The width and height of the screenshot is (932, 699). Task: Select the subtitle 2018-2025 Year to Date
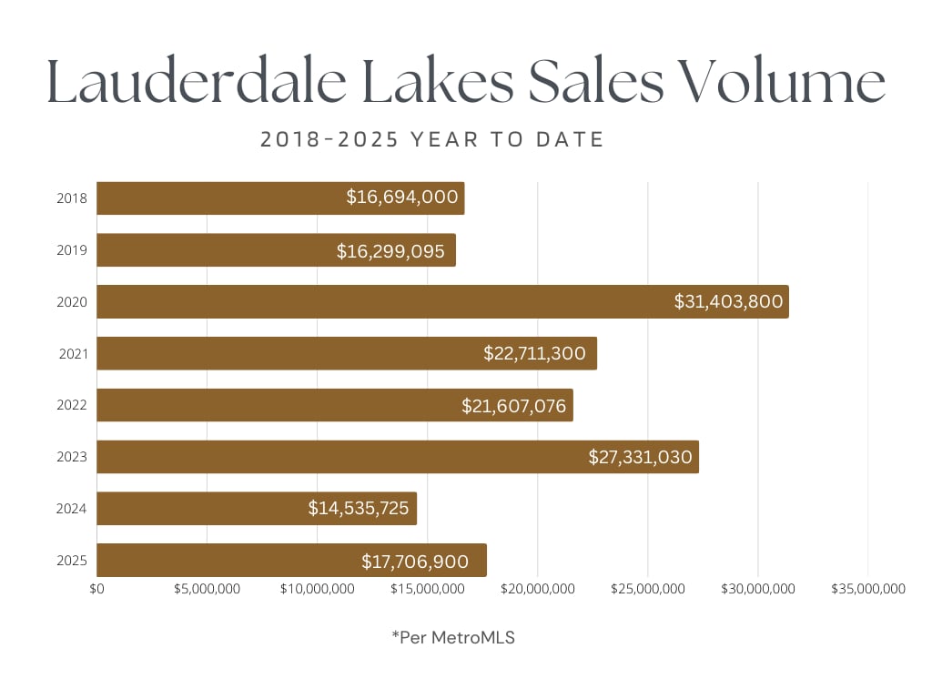(432, 139)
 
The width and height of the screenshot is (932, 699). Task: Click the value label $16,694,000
(401, 198)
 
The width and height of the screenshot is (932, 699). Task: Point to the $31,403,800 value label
(728, 301)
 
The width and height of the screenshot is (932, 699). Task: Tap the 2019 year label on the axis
(71, 250)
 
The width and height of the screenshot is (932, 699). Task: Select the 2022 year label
(71, 405)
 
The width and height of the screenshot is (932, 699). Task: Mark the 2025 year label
(71, 560)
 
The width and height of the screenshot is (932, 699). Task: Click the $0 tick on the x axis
(97, 589)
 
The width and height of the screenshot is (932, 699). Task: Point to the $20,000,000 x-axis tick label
(537, 589)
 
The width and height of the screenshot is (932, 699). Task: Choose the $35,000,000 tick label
(867, 589)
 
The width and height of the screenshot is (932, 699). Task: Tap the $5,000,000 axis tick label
(207, 589)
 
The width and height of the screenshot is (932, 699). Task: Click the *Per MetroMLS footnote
(453, 638)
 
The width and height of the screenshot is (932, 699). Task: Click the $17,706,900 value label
(415, 560)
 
